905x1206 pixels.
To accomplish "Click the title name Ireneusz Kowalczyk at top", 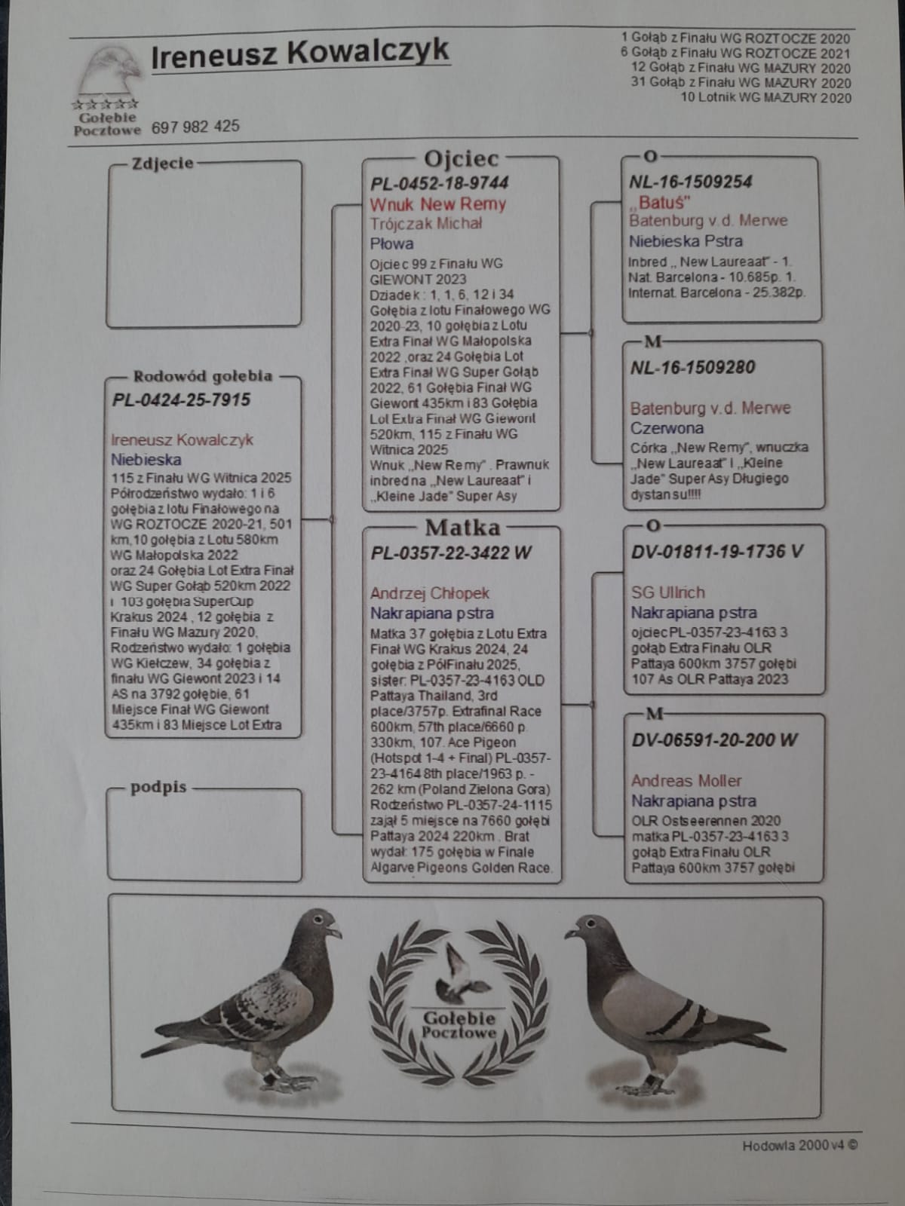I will (x=299, y=54).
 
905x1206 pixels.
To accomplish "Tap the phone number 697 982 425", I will (x=195, y=127).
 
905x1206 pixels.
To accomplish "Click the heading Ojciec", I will (x=462, y=159).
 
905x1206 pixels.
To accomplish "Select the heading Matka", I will (x=462, y=527).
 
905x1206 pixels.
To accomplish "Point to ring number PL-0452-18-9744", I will (x=439, y=183).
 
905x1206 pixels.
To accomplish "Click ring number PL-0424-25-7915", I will (x=181, y=399).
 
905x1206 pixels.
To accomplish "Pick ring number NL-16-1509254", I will (x=691, y=182).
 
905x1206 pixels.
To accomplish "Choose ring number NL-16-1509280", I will (x=692, y=368).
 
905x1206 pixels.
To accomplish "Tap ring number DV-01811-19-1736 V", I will (x=716, y=552).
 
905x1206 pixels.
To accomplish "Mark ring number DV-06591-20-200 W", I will (x=714, y=740).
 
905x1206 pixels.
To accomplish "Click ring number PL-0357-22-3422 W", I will (x=450, y=553).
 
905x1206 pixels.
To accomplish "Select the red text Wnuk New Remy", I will (x=437, y=204).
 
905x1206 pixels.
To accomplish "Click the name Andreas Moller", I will (x=686, y=781).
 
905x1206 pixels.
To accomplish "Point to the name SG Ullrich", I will (x=667, y=592).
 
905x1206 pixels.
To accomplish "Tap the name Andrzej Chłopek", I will (x=429, y=593).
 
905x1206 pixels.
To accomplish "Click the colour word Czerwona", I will (x=667, y=428).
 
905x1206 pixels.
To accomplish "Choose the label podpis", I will (x=158, y=788).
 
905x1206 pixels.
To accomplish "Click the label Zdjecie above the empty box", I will (x=162, y=164).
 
